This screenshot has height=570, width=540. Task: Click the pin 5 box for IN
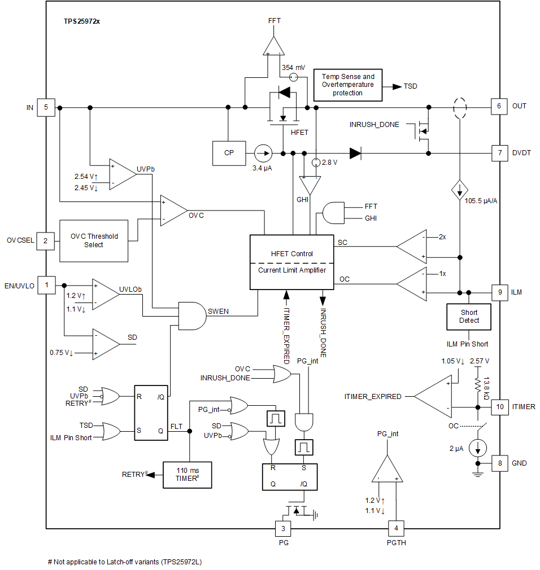46,107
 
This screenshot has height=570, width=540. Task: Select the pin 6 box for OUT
499,106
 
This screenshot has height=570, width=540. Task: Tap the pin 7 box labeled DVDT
499,153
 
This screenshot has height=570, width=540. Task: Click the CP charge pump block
228,152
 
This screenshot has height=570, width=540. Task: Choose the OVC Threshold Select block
94,240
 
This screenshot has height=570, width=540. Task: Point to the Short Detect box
468,317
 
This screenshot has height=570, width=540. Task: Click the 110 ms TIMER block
186,474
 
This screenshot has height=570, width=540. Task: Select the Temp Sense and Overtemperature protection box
347,85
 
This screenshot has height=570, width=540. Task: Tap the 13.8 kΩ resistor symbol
478,385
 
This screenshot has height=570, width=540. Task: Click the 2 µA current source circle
478,449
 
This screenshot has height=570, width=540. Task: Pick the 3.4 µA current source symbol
262,153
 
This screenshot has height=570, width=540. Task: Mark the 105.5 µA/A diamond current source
459,190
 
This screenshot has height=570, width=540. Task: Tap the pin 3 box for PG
283,528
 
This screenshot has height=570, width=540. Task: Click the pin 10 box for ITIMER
499,406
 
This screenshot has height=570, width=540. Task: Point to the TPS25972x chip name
82,21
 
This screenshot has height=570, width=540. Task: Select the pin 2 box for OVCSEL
46,240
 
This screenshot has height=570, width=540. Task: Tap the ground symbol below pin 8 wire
478,473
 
